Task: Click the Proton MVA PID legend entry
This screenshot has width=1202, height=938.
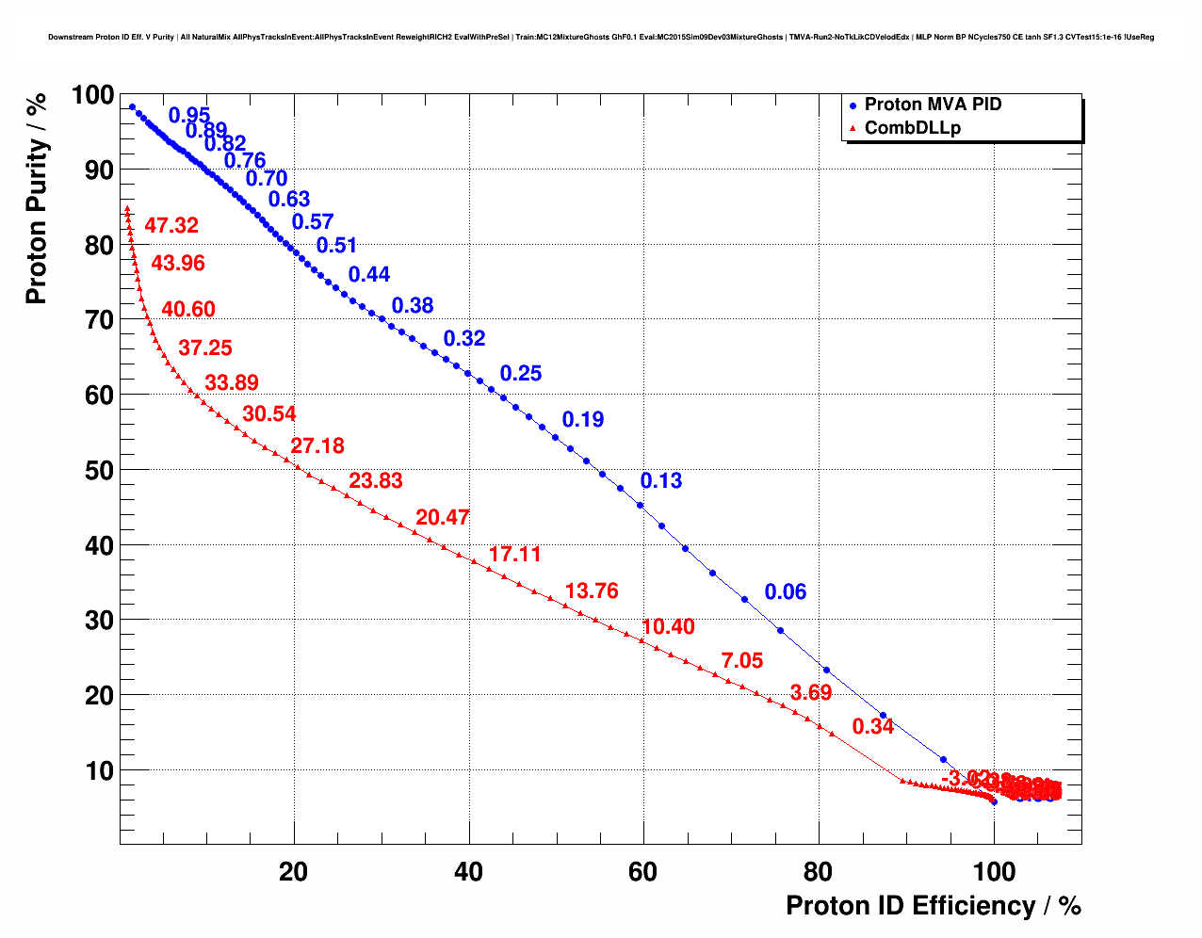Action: coord(932,105)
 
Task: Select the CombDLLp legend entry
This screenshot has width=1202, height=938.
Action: coord(912,128)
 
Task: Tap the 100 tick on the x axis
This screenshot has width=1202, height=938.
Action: coord(993,872)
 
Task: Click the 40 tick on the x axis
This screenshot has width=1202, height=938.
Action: coord(468,872)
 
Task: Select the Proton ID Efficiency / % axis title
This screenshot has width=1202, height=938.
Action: coord(933,906)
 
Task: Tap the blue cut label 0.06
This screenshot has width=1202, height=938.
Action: coord(785,591)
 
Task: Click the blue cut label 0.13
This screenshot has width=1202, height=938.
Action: coord(660,480)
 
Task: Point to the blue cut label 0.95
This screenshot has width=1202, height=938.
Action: coord(188,116)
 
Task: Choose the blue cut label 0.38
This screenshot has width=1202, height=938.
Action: coord(412,305)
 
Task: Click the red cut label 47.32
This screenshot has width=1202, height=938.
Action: coord(171,225)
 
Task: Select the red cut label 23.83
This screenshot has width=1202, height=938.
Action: coord(375,480)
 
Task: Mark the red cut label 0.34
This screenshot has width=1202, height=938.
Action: coord(872,726)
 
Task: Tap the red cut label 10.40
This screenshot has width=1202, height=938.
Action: coord(668,627)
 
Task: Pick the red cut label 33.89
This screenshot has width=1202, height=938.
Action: coord(231,382)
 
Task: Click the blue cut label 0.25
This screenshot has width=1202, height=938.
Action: coord(520,374)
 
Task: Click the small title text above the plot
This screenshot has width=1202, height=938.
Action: coord(600,37)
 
